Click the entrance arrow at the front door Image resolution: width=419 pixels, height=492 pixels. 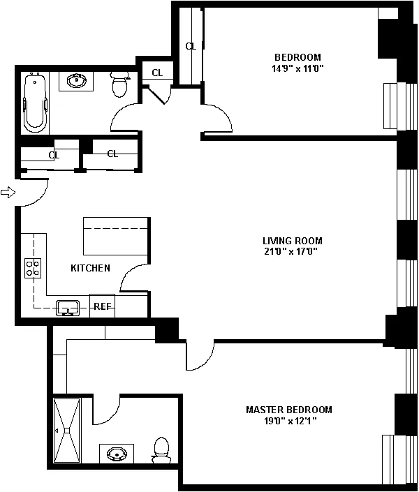(8, 192)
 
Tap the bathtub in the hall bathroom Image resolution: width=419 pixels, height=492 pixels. (35, 103)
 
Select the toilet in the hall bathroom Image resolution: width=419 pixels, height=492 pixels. (119, 84)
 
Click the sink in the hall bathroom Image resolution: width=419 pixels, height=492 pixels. (76, 81)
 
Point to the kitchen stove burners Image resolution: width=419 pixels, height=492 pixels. (33, 268)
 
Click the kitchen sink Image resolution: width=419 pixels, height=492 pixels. (68, 308)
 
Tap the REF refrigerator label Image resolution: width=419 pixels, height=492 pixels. (103, 306)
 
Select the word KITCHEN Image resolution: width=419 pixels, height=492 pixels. (91, 268)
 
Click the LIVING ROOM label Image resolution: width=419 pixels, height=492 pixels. (293, 241)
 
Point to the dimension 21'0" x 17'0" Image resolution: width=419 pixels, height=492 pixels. (291, 251)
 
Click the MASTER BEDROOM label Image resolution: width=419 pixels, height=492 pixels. (289, 410)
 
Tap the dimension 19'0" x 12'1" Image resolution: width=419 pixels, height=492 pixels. (290, 421)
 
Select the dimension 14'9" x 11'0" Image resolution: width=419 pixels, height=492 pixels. (297, 68)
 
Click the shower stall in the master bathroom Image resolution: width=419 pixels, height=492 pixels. (67, 430)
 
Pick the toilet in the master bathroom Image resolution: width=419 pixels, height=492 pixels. (161, 450)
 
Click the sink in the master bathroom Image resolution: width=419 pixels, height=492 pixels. (117, 454)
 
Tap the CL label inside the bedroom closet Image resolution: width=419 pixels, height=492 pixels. (191, 47)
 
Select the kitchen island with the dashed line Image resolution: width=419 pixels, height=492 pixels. (116, 236)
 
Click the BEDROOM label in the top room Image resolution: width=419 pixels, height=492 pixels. (297, 57)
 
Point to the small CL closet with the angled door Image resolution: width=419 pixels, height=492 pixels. (157, 73)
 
